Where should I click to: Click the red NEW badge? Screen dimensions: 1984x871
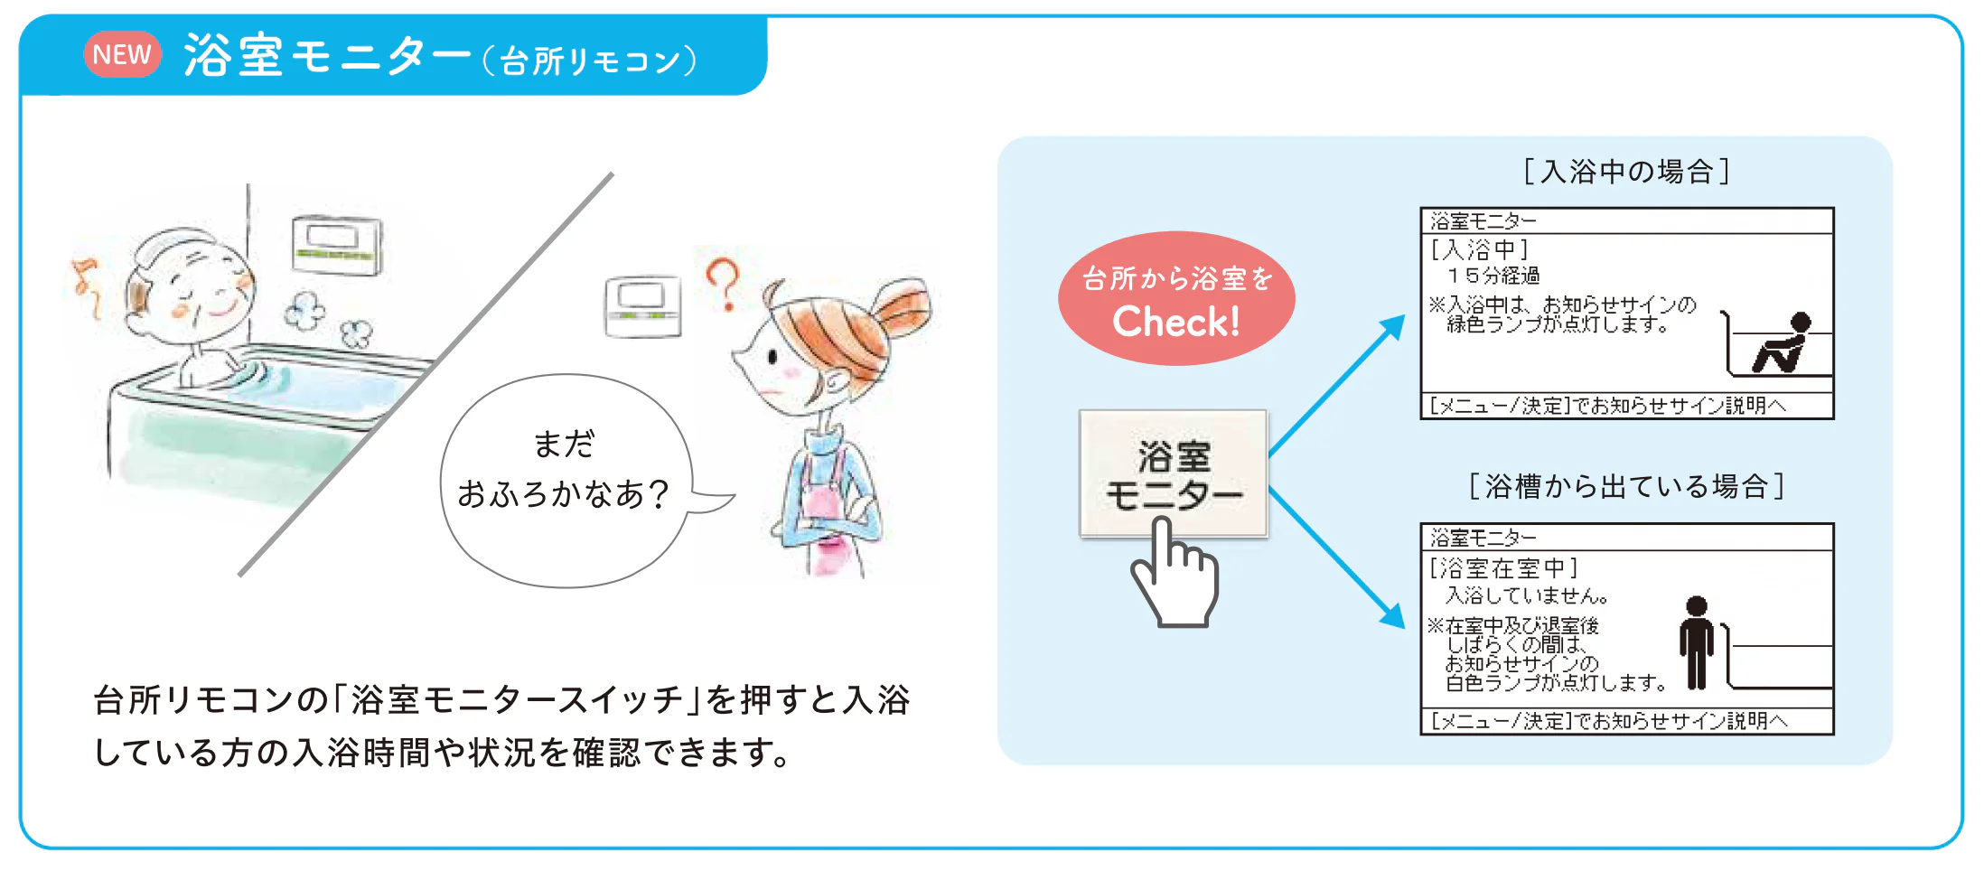pos(123,54)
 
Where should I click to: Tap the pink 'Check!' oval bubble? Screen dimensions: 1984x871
pos(1176,298)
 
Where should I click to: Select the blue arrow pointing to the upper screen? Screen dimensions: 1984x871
pos(1337,385)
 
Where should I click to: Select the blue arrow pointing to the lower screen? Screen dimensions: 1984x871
pos(1337,557)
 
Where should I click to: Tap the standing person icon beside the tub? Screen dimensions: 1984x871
pos(1697,642)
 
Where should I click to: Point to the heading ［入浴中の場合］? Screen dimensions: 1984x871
pos(1626,171)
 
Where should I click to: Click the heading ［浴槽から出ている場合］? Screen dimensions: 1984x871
pos(1626,486)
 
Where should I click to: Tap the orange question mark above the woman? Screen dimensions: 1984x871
pos(723,284)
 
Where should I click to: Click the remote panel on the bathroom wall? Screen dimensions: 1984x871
pos(336,245)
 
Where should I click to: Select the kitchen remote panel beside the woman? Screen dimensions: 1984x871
pos(642,306)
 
